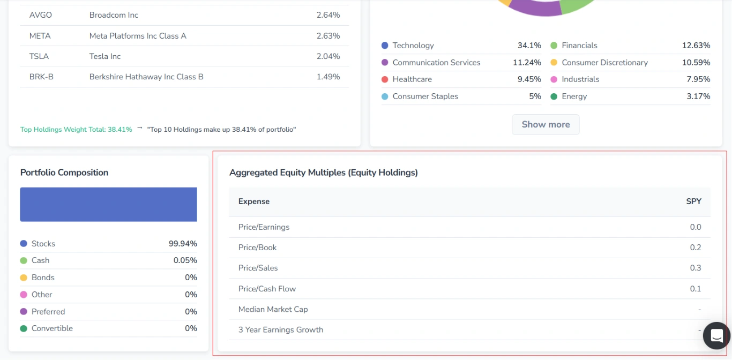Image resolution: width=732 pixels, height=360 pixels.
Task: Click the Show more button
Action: pos(546,124)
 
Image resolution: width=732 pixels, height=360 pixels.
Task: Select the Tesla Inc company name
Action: pos(105,56)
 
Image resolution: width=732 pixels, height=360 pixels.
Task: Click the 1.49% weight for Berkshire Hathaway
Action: pos(328,77)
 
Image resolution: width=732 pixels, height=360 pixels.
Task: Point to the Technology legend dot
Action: pos(385,46)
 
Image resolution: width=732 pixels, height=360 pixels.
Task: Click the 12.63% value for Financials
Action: pos(696,46)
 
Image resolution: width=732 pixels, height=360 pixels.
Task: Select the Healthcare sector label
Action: pos(412,79)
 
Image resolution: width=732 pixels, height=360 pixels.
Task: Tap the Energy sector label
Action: pos(574,96)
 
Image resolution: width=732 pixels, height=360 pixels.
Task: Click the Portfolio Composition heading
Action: pos(64,172)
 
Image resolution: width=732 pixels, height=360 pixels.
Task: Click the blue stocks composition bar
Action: pos(108,204)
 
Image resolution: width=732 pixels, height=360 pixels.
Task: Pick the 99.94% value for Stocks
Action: pos(183,244)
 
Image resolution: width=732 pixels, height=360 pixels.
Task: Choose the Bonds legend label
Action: pos(43,277)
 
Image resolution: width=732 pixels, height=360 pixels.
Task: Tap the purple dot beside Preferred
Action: pos(24,312)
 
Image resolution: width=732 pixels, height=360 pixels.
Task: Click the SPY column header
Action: pos(693,201)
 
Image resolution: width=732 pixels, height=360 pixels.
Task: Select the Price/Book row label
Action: pos(257,247)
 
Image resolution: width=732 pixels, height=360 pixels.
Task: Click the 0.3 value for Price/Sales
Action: pos(695,268)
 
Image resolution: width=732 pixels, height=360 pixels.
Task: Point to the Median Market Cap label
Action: pos(273,309)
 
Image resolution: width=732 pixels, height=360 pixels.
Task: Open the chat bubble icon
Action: pos(716,336)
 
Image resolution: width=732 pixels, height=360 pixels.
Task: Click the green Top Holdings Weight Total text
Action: pos(76,130)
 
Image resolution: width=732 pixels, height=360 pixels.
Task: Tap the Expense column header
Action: pos(254,201)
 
